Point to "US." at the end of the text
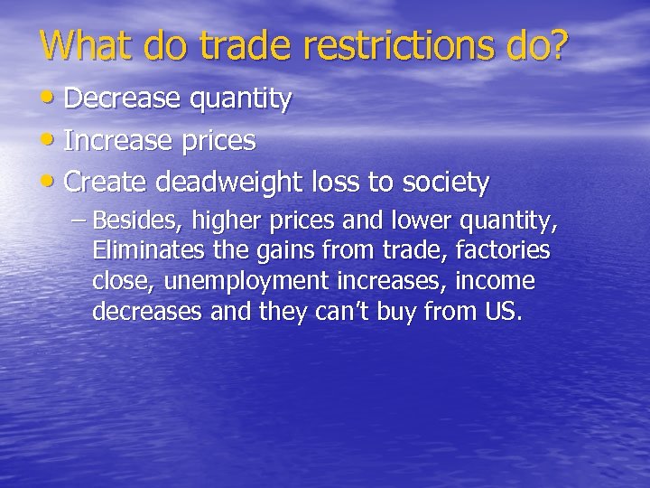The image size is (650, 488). pyautogui.click(x=503, y=312)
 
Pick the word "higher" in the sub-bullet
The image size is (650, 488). pyautogui.click(x=215, y=221)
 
